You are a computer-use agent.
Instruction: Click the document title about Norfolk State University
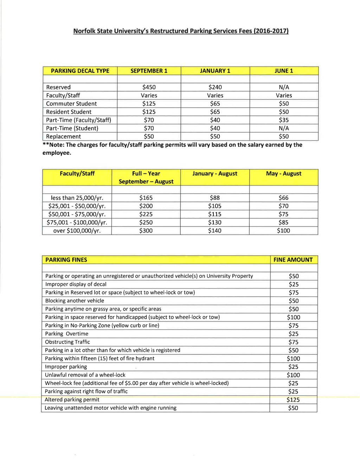click(x=181, y=31)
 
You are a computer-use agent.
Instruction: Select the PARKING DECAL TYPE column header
click(x=80, y=71)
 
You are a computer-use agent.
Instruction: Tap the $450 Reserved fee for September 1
click(x=149, y=87)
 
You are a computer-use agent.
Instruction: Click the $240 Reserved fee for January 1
click(x=215, y=87)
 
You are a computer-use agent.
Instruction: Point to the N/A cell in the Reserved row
click(x=284, y=87)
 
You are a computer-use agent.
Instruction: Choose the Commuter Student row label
click(x=71, y=104)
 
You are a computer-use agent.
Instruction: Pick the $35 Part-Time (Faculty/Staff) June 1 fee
click(x=284, y=120)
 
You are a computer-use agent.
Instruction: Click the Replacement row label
click(x=63, y=136)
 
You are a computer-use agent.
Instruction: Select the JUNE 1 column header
click(x=284, y=71)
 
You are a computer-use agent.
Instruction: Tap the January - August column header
click(x=215, y=173)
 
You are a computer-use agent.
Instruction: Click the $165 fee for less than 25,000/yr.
click(x=146, y=198)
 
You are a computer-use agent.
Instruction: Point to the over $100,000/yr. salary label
click(x=77, y=231)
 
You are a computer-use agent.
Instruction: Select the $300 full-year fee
click(x=146, y=231)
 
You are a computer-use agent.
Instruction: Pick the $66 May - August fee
click(x=283, y=198)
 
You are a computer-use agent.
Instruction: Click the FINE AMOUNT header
click(x=293, y=260)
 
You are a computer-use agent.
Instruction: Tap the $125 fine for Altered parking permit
click(x=293, y=400)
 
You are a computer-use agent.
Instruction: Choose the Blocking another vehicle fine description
click(x=75, y=301)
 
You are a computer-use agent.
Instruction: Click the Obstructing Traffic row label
click(x=67, y=342)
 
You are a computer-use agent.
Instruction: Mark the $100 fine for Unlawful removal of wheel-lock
click(x=293, y=375)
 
